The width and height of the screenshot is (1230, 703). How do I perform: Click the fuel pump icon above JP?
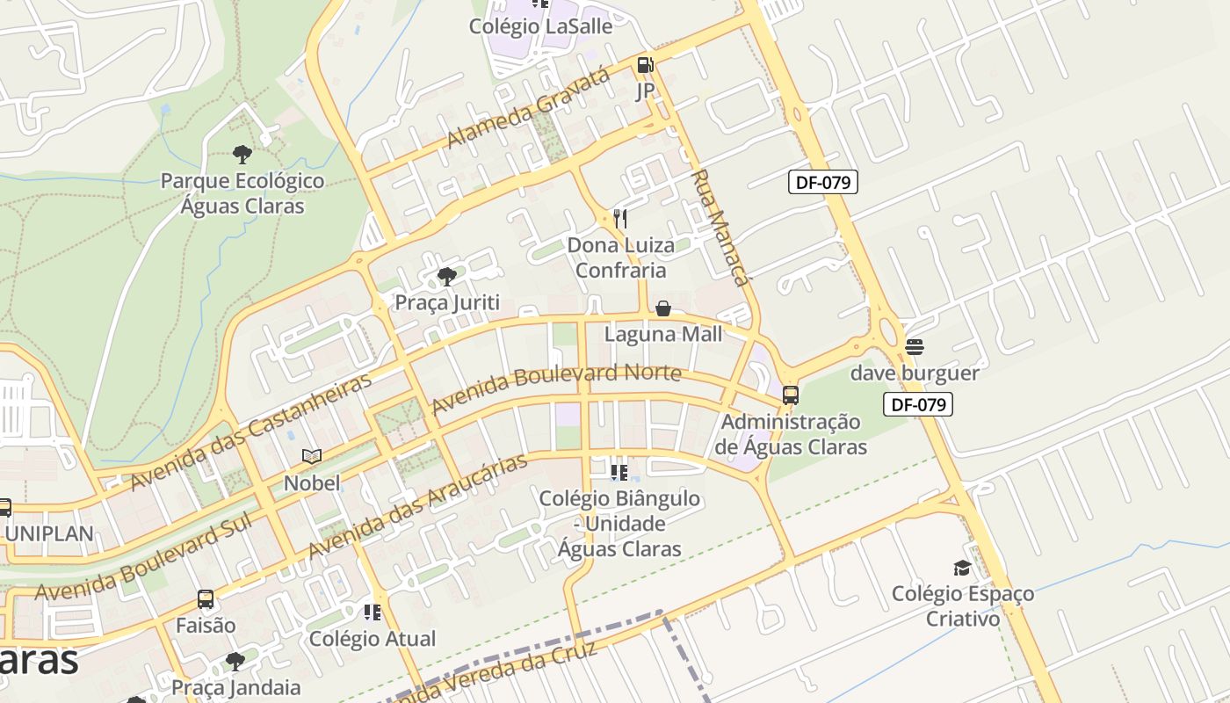point(645,65)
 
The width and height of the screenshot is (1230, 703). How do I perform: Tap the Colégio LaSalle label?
point(540,26)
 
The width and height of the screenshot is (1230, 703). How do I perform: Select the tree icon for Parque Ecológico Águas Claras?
point(242,155)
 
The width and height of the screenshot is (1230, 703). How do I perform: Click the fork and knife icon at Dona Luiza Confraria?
point(620,218)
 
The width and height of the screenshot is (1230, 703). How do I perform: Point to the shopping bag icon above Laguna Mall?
point(663,308)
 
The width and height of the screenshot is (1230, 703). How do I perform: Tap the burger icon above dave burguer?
point(915,347)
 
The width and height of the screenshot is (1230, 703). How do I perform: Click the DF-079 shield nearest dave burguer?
point(918,404)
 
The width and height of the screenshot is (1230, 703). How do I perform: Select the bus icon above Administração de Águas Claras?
point(791,395)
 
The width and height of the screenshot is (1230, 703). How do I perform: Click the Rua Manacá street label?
point(720,228)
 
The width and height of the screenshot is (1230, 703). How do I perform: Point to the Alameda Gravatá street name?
point(529,109)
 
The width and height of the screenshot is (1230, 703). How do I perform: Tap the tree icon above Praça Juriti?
point(446,277)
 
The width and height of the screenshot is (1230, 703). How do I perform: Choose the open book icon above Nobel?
point(312,456)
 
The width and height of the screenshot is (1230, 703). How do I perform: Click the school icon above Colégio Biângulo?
point(619,473)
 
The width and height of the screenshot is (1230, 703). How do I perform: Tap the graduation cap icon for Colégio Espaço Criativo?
point(963,569)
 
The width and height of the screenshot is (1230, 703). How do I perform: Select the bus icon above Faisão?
point(206,599)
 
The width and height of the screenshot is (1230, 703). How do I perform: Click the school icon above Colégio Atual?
point(373,612)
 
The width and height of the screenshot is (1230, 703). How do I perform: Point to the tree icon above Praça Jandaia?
point(235,661)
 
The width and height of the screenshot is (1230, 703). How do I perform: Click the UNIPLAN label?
point(48,533)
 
